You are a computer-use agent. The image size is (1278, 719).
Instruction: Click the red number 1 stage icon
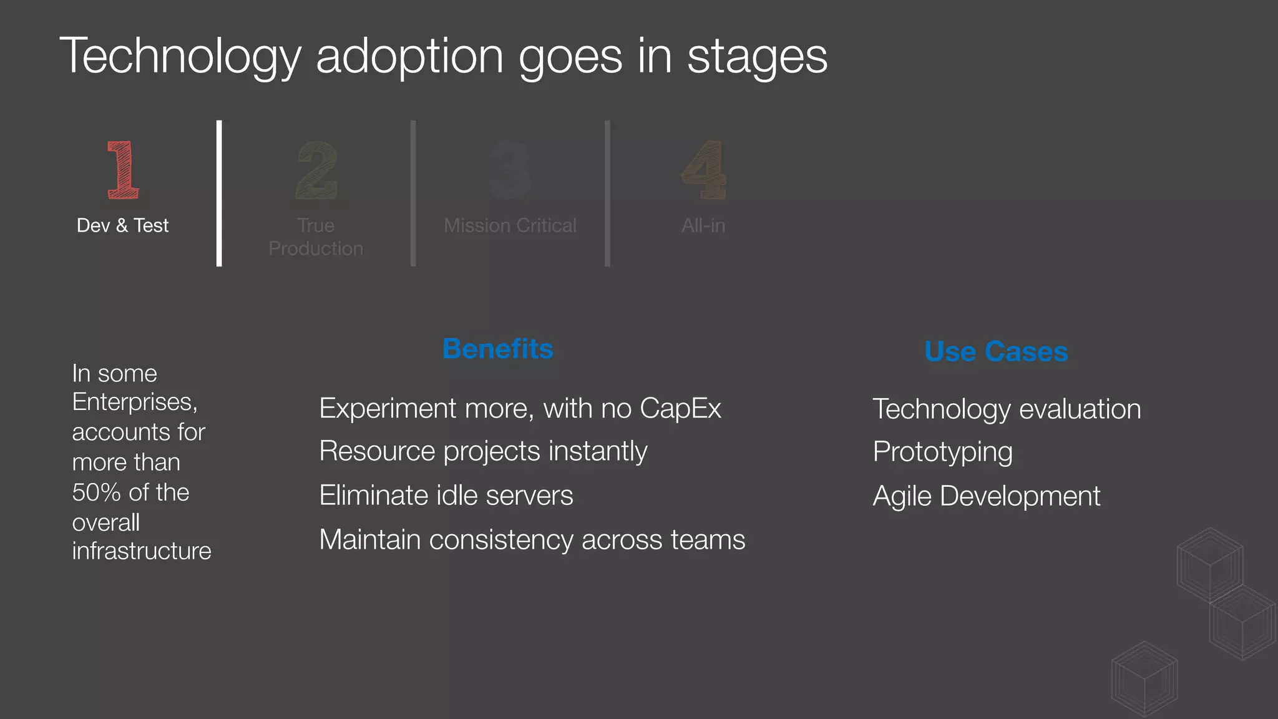click(x=123, y=170)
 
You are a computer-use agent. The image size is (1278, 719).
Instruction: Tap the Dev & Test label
click(x=122, y=225)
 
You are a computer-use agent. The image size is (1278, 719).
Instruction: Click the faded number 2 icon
click(x=316, y=170)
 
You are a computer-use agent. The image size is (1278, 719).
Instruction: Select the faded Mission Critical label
click(x=510, y=225)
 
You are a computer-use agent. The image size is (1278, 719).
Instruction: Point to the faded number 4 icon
click(x=704, y=170)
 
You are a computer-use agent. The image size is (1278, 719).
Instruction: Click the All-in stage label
click(x=703, y=225)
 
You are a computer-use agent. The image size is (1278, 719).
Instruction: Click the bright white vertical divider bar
click(x=219, y=193)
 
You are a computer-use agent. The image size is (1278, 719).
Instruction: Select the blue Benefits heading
click(x=497, y=349)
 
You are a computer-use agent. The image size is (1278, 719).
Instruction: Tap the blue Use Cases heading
click(x=996, y=351)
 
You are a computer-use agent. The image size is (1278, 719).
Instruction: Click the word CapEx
click(x=680, y=409)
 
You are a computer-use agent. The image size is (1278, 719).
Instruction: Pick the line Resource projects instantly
click(x=483, y=451)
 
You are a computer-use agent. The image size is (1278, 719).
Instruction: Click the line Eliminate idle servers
click(x=446, y=496)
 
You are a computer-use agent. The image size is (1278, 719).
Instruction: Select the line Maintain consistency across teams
click(x=532, y=540)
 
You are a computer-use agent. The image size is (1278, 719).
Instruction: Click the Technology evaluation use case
click(x=1007, y=409)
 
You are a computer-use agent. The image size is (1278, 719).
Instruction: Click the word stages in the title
click(x=757, y=56)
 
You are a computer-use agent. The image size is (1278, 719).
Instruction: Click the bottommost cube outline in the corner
click(x=1144, y=679)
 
